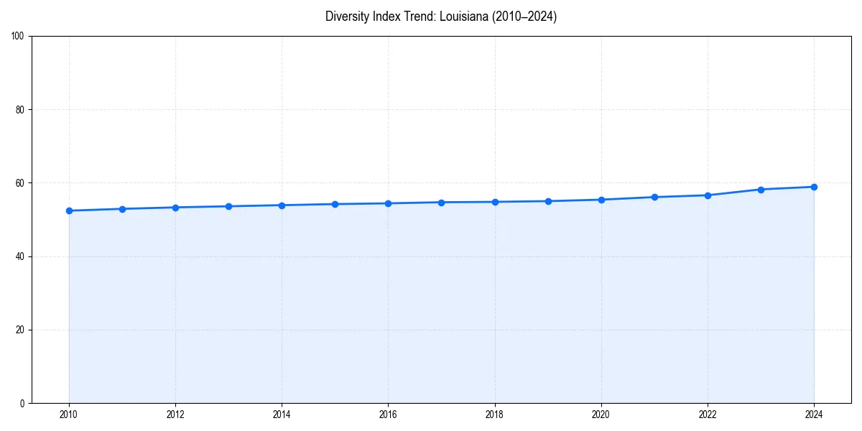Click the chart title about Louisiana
(441, 17)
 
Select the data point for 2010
(69, 210)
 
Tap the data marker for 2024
(814, 187)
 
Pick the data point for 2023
(761, 190)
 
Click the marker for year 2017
(441, 203)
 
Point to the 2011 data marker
(122, 209)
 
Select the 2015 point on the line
(335, 204)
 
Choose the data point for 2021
(654, 197)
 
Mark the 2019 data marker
(548, 201)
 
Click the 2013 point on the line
(228, 206)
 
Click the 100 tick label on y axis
(18, 36)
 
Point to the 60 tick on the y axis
(20, 183)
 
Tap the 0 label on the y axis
(22, 403)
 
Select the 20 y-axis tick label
(20, 330)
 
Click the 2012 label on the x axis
(175, 414)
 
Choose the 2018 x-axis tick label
(494, 414)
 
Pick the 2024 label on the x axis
(814, 414)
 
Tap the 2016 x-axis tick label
(388, 414)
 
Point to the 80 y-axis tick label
(20, 110)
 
